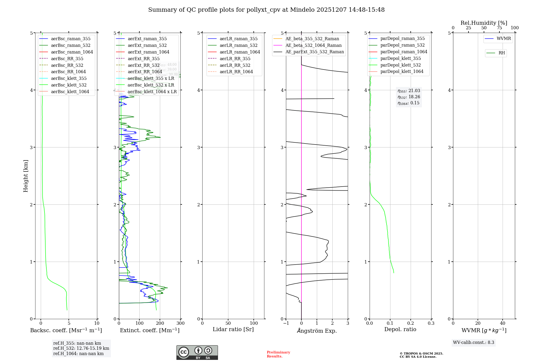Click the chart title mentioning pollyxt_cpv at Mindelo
coord(266,10)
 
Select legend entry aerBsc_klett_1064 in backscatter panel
coord(70,92)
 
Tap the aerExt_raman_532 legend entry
coord(147,45)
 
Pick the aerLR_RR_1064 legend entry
coord(236,72)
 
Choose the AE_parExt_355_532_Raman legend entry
coord(314,52)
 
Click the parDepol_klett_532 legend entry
coord(400,65)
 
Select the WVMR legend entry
coord(503,39)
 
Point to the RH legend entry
coord(501,53)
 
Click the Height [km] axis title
coord(26,176)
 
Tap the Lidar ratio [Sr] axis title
coord(233,329)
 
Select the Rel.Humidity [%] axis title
coord(484,23)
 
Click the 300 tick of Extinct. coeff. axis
coord(180,323)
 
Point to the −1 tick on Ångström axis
coord(286,323)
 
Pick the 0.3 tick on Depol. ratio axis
coord(431,323)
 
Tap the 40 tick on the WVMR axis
coord(503,323)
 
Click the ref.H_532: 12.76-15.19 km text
coord(81,348)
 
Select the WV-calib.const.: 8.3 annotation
coord(473,342)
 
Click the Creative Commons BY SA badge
coord(197,352)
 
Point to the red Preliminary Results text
coord(278,354)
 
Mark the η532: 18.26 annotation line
coord(409,97)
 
